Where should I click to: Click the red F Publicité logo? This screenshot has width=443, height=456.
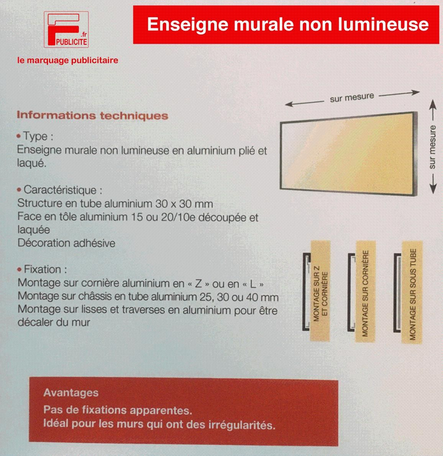[66, 29]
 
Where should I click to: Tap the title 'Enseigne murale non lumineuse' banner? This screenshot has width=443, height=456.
[287, 25]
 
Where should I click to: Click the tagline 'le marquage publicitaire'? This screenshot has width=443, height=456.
[68, 60]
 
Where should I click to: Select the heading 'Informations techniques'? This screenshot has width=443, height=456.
[92, 116]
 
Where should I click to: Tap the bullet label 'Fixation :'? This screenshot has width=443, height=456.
[45, 269]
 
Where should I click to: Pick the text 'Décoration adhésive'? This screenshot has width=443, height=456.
[66, 243]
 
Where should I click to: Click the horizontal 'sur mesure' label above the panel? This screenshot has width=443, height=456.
[352, 98]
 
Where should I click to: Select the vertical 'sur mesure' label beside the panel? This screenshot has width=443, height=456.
[433, 147]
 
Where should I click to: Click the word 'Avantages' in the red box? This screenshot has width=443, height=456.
[71, 393]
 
